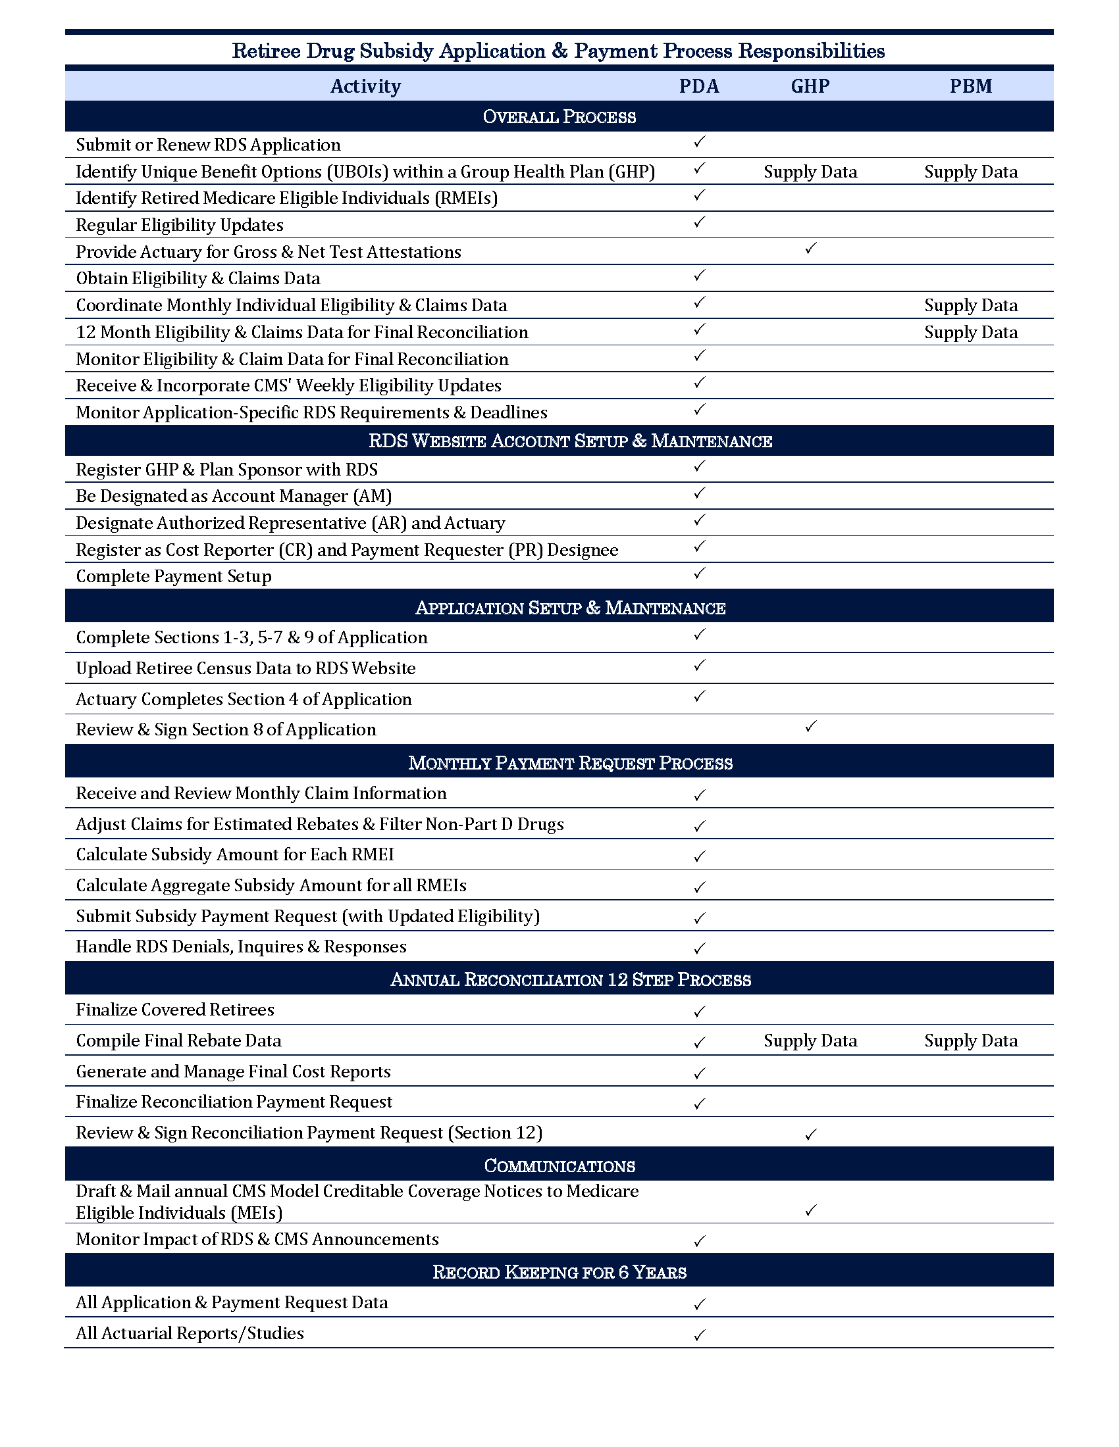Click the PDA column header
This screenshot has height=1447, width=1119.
(698, 86)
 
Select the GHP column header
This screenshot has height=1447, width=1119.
(810, 86)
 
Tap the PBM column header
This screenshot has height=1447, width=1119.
(970, 86)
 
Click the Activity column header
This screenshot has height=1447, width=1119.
(365, 86)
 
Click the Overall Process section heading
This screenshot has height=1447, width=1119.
(559, 116)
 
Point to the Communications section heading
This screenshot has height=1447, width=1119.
(559, 1165)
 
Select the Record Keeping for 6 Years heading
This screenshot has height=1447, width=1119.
(559, 1271)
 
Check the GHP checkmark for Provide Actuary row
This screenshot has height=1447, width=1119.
(810, 249)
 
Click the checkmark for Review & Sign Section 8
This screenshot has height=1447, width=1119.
(810, 727)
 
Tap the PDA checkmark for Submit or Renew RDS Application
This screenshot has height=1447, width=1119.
(698, 143)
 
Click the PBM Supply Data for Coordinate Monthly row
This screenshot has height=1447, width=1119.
(970, 305)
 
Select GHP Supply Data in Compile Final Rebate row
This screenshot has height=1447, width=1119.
(810, 1041)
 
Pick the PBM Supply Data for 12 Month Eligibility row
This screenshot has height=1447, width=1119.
(970, 332)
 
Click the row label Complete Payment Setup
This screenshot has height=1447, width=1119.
(174, 576)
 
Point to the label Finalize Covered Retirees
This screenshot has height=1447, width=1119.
(175, 1010)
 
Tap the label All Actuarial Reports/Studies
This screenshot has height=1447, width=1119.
(190, 1333)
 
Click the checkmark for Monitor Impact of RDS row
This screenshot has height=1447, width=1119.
(698, 1240)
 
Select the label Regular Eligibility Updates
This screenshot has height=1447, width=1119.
(180, 225)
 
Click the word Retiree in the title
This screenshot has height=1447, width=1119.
(266, 51)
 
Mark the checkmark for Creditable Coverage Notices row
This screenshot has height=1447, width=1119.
(810, 1210)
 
